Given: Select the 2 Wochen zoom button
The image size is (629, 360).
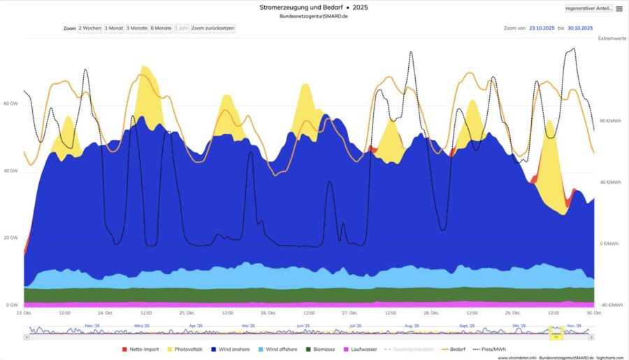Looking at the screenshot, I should coord(90,28).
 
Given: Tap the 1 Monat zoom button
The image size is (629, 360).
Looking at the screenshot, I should coord(114,28).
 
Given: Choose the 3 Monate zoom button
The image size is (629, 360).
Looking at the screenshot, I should coord(137,28).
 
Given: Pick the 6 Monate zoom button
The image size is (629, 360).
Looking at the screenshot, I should coord(161,28).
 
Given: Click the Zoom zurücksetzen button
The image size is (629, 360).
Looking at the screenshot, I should coord(213,28).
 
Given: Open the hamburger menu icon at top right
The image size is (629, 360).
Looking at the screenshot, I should coord(619,9).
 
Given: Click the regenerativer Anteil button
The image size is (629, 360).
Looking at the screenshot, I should coord(588,8).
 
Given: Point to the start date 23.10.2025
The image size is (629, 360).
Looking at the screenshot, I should coord(541,28).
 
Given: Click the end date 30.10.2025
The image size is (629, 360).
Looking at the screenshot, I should coord(580,28).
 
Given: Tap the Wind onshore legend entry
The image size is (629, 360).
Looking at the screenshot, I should coord(234,349).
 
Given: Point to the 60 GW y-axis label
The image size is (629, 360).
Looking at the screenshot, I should coord(10,103).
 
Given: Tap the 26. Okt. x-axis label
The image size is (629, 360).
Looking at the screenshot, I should coord(268,312).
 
